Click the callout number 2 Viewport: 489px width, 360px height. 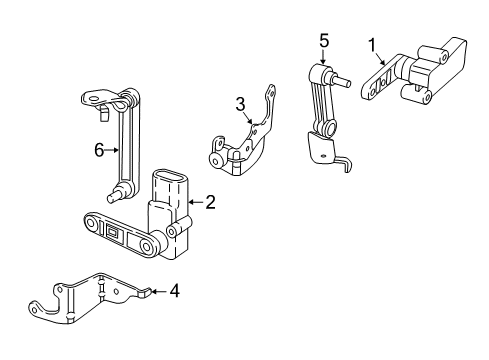pos(210,202)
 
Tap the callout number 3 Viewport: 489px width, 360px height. pos(240,104)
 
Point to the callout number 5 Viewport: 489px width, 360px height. pos(323,41)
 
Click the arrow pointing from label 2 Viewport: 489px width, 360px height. pos(195,202)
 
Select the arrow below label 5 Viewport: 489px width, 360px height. pos(324,58)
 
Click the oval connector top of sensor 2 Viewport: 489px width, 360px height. pos(170,184)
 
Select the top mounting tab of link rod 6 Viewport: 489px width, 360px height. pos(94,98)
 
